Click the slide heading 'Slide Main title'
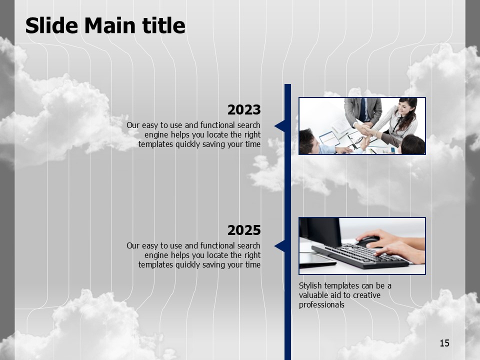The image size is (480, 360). pyautogui.click(x=105, y=25)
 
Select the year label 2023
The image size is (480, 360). pyautogui.click(x=244, y=109)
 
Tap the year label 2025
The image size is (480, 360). pyautogui.click(x=244, y=230)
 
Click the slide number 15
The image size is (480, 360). pyautogui.click(x=444, y=343)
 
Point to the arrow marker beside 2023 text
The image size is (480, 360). pyautogui.click(x=280, y=126)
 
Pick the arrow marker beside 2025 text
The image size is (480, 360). pyautogui.click(x=280, y=246)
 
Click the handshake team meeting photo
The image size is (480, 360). pyautogui.click(x=362, y=126)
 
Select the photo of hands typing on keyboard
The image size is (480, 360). pyautogui.click(x=362, y=246)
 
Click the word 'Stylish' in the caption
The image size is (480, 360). pyautogui.click(x=310, y=286)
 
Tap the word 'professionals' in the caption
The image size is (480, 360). pyautogui.click(x=321, y=305)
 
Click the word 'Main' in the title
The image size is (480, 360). pyautogui.click(x=109, y=25)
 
